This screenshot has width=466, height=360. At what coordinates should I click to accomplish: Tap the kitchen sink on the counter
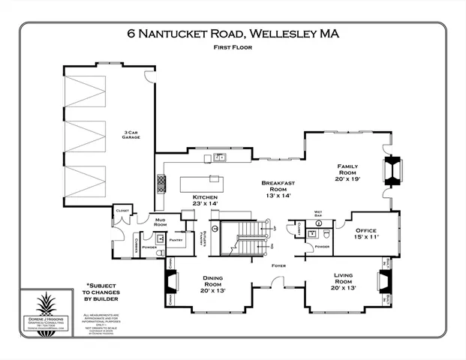tap(219, 157)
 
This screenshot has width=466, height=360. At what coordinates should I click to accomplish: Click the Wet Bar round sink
tap(319, 223)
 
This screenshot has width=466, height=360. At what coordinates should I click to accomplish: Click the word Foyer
tap(278, 265)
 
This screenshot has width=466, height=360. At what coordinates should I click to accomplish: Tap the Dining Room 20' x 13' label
tap(212, 282)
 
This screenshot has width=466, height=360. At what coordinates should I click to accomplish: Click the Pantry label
tap(176, 240)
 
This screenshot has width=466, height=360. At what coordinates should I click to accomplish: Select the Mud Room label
tap(161, 222)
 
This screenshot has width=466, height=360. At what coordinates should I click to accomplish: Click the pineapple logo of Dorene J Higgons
tap(52, 310)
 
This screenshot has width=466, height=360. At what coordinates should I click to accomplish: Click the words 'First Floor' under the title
tap(232, 47)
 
